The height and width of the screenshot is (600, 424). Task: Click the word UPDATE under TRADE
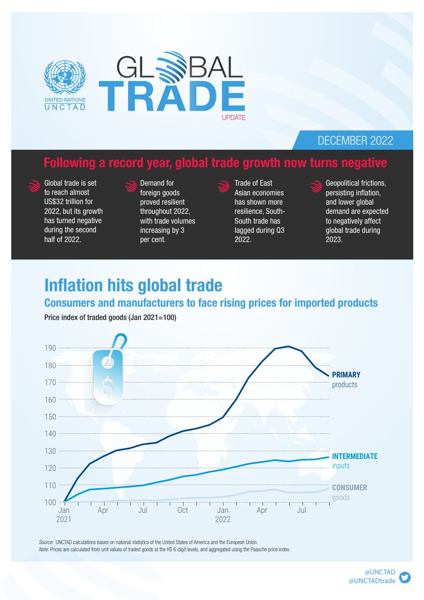[x=234, y=118]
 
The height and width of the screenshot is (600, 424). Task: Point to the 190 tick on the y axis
[x=50, y=349]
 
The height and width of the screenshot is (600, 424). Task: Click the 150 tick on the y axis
[x=50, y=417]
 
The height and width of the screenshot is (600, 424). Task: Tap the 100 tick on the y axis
[x=50, y=502]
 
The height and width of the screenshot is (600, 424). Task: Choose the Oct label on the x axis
[x=183, y=511]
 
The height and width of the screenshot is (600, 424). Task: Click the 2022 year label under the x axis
[x=223, y=519]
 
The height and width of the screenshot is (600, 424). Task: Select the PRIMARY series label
[x=346, y=375]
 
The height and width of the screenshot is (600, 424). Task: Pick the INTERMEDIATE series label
[x=355, y=456]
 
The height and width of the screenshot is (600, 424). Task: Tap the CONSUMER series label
[x=350, y=488]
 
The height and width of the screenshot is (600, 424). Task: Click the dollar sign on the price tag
[x=108, y=386]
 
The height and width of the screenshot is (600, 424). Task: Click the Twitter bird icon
[x=405, y=576]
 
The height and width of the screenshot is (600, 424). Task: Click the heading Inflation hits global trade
[x=133, y=285]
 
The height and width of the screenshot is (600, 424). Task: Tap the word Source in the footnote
[x=46, y=542]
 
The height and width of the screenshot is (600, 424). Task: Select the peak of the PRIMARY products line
[x=289, y=347]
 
